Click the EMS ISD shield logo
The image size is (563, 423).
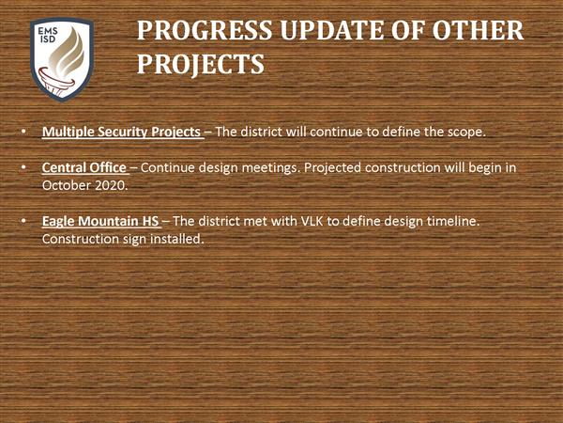[62, 60]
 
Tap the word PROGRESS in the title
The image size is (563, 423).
[205, 30]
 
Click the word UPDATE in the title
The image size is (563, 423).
[332, 30]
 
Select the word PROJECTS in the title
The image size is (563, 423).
[201, 65]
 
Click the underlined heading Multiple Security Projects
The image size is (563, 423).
[121, 132]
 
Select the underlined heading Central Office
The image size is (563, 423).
[84, 167]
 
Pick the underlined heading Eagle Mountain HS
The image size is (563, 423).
[100, 221]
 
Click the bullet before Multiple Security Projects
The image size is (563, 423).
[23, 132]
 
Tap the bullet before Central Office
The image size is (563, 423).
[23, 167]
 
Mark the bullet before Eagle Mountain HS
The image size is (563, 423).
[23, 221]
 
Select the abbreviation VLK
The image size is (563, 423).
[312, 221]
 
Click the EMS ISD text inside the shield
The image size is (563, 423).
[48, 35]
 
